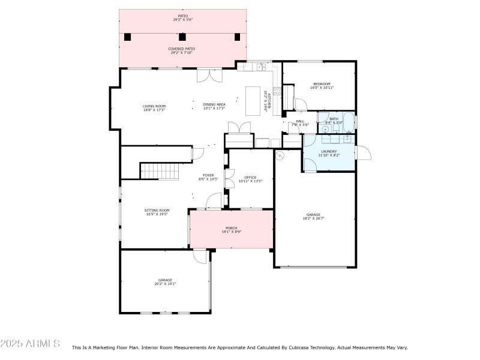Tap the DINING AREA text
[214, 104]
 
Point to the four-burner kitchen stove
[277, 92]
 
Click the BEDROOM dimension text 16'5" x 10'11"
[322, 88]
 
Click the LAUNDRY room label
[329, 151]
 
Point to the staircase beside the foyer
[160, 171]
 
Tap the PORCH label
[231, 228]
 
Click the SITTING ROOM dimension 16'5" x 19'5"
[157, 214]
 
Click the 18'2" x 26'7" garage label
[313, 218]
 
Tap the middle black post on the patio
[182, 37]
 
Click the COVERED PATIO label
[182, 49]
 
